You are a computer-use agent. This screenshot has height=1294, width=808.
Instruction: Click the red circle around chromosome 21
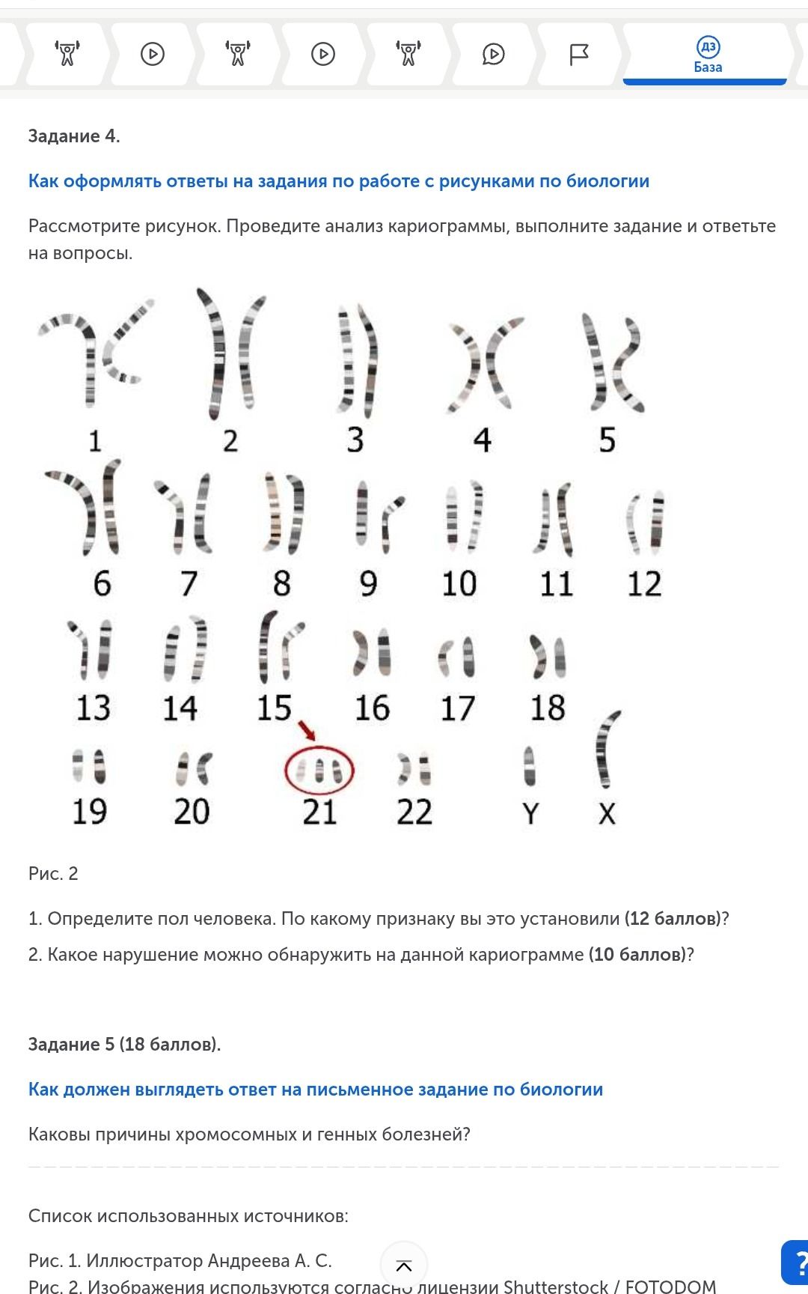point(286,772)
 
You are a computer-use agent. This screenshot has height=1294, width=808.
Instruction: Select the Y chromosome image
point(530,766)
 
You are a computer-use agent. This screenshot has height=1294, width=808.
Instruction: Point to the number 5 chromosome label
point(607,440)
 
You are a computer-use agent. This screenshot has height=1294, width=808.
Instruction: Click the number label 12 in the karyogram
point(644,584)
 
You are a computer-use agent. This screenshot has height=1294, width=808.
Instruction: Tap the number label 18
point(548,708)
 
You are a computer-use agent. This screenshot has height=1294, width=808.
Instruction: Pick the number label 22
point(414,812)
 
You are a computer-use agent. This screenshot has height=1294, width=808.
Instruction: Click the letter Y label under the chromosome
point(530,813)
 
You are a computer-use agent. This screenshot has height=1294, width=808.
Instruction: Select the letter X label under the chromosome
point(607,813)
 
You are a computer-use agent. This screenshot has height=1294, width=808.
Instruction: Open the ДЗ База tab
point(707,55)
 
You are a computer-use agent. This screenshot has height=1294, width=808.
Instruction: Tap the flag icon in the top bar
point(579,54)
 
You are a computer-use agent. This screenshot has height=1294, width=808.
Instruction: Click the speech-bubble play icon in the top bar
point(494,54)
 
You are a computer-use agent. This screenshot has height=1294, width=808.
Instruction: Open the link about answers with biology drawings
point(339,181)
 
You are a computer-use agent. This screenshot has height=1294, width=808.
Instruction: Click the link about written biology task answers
point(316,1090)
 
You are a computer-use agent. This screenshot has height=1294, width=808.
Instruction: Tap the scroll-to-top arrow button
point(404,1266)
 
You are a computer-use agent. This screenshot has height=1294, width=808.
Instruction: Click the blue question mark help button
point(796,1263)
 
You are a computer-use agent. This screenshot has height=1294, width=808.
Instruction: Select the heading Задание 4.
point(74,136)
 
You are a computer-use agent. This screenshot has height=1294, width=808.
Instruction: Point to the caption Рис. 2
point(53,874)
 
